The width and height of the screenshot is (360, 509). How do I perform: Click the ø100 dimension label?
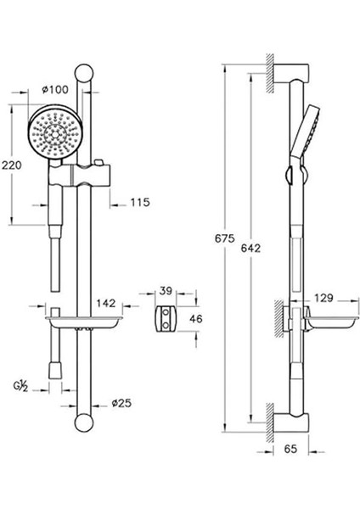tap(55, 89)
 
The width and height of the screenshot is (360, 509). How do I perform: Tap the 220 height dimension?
tap(12, 165)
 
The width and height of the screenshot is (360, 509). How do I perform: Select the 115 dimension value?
tap(140, 202)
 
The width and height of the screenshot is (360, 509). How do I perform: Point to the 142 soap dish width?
tap(106, 303)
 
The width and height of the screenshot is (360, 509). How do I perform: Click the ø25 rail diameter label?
tap(121, 403)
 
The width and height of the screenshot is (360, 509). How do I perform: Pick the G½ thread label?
tap(20, 386)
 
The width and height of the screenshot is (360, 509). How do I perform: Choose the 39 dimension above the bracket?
tap(166, 290)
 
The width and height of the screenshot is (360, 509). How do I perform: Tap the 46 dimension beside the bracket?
tap(196, 318)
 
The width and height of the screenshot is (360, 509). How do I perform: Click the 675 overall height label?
tap(224, 238)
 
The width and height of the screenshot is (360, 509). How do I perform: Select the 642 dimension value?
tap(250, 249)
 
